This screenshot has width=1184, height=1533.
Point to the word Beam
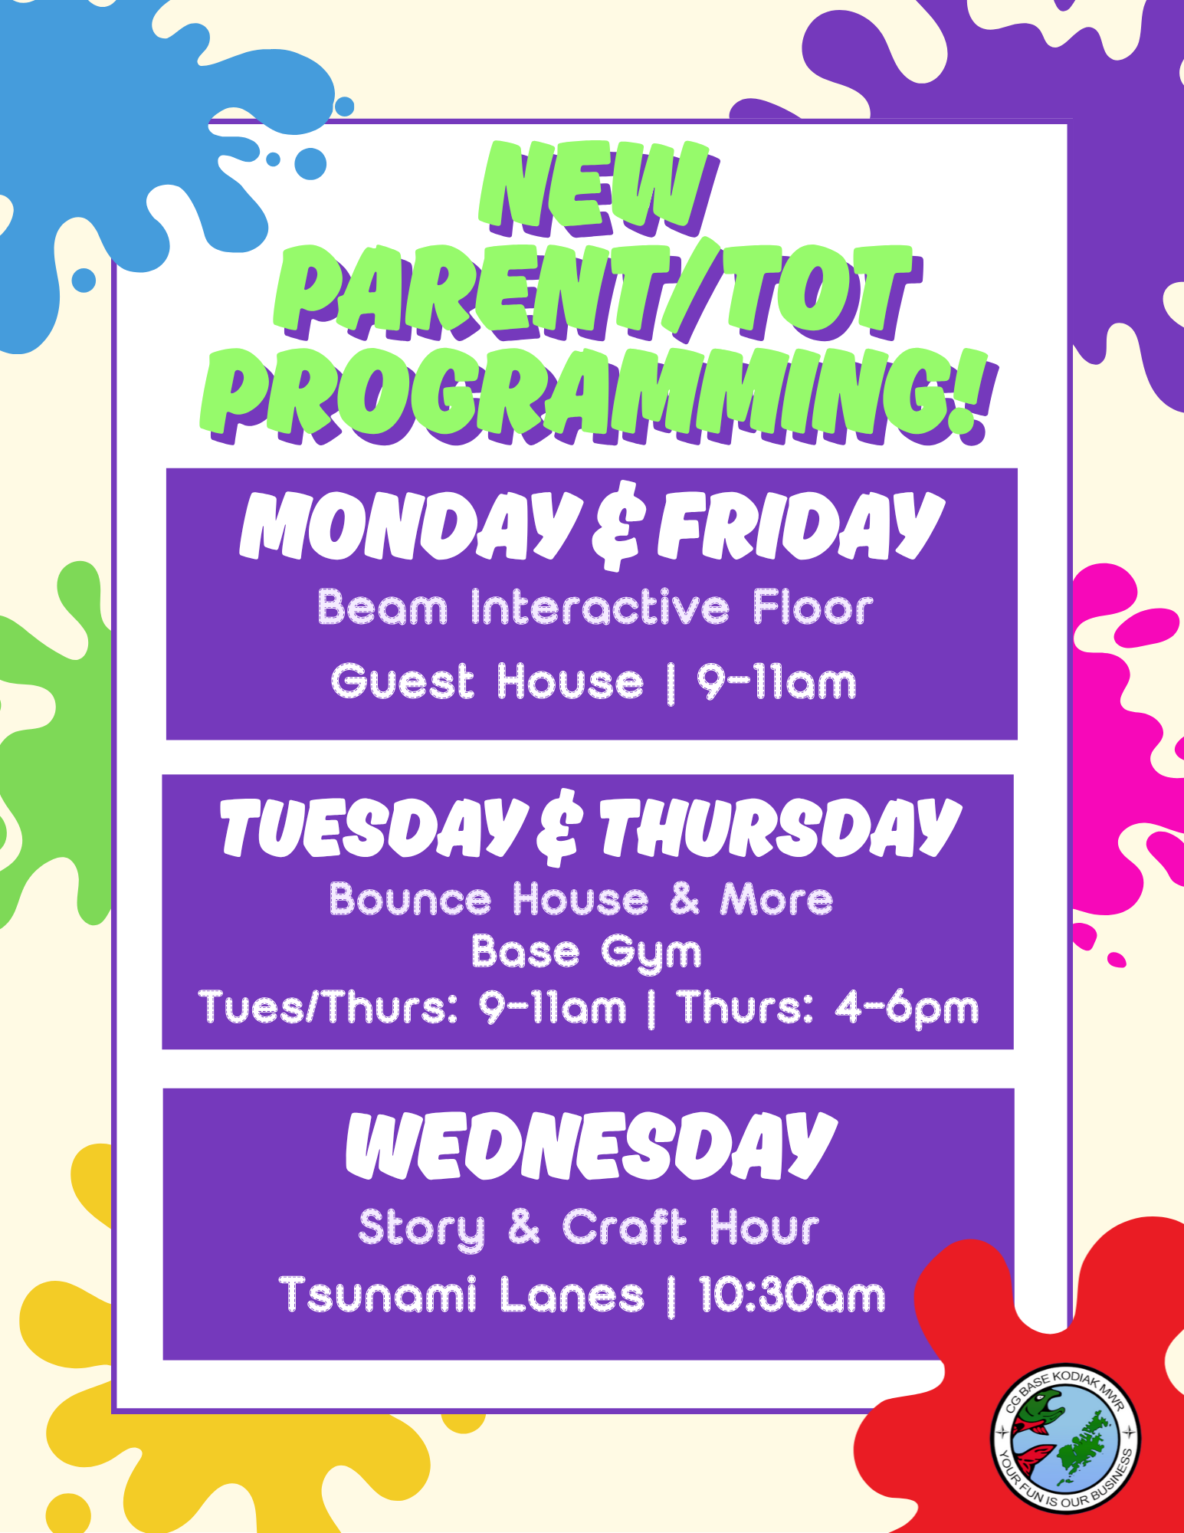pos(382,608)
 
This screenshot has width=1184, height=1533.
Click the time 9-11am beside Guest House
pos(776,681)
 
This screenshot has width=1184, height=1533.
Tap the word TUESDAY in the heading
pos(372,828)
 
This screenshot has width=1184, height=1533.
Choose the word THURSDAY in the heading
pos(781,828)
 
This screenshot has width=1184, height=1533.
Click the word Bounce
pos(410,899)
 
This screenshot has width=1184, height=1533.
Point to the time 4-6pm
pos(907,1008)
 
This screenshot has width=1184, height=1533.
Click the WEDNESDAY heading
pos(591,1146)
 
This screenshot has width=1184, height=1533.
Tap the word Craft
pos(625,1226)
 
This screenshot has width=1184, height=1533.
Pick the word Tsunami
pos(379,1295)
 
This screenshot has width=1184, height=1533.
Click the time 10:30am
pos(792,1295)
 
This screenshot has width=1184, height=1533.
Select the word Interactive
pos(600,608)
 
